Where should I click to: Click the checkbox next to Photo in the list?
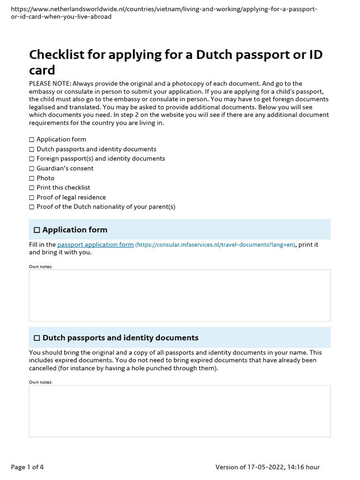[x=32, y=178]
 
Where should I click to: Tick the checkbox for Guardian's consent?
[x=32, y=168]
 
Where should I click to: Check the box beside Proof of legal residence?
[x=32, y=197]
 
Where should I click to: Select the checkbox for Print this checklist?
[x=32, y=187]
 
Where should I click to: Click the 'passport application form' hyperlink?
[x=95, y=245]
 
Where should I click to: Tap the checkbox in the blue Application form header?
[x=37, y=230]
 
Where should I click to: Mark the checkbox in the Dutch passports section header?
[x=37, y=338]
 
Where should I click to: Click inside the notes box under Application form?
[x=180, y=295]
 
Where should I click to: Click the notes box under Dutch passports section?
[x=180, y=411]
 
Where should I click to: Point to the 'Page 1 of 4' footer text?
[x=27, y=467]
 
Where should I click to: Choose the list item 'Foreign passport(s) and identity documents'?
[x=101, y=158]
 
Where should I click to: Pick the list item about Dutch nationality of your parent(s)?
[x=106, y=207]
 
